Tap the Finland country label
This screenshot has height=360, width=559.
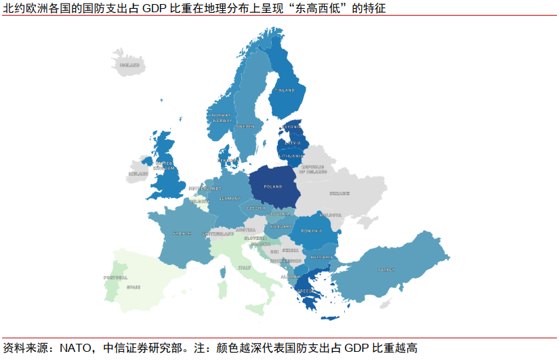[x=285, y=90]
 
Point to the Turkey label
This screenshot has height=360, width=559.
[x=387, y=268]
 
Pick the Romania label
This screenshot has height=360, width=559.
[x=312, y=231]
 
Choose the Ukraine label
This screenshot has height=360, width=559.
[x=339, y=194]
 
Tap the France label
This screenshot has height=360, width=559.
[x=182, y=233]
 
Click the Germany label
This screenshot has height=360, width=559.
[x=230, y=198]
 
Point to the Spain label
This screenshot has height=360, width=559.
[x=133, y=287]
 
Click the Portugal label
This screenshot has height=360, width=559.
[x=116, y=277]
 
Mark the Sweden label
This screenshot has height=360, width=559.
[x=245, y=127]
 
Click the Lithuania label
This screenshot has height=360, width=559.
[x=292, y=155]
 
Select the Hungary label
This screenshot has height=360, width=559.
[x=281, y=226]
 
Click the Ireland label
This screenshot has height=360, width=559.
[x=138, y=174]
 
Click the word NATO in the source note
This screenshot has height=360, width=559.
[x=75, y=348]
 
